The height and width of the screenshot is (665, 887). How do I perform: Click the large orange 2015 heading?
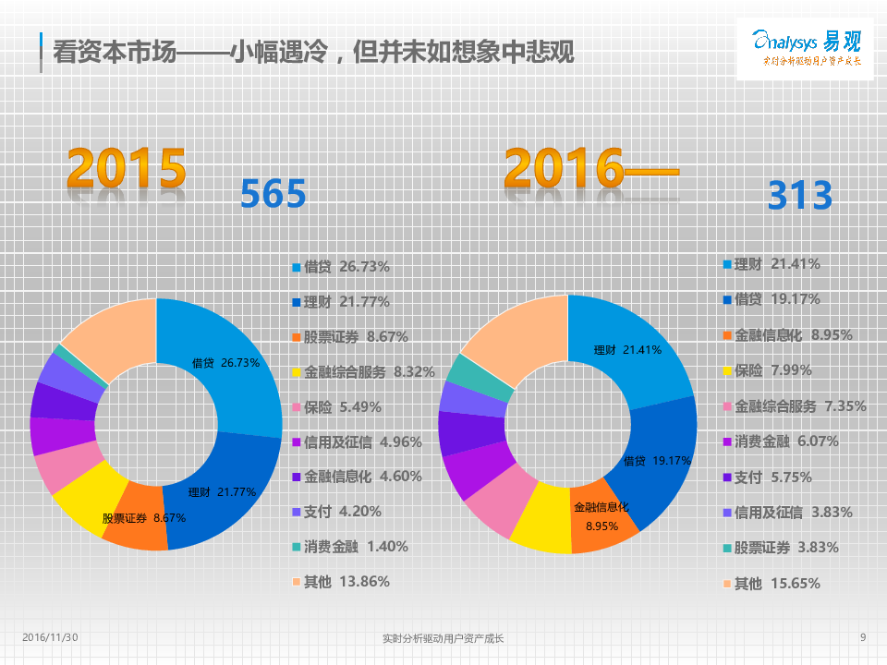[127, 168]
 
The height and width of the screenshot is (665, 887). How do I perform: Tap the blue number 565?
[273, 195]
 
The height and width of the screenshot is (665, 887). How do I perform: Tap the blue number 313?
[800, 196]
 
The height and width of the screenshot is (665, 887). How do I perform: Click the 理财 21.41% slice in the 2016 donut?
[628, 351]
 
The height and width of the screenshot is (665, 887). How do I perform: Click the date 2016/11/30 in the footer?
[50, 637]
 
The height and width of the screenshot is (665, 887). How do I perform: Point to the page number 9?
[862, 637]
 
